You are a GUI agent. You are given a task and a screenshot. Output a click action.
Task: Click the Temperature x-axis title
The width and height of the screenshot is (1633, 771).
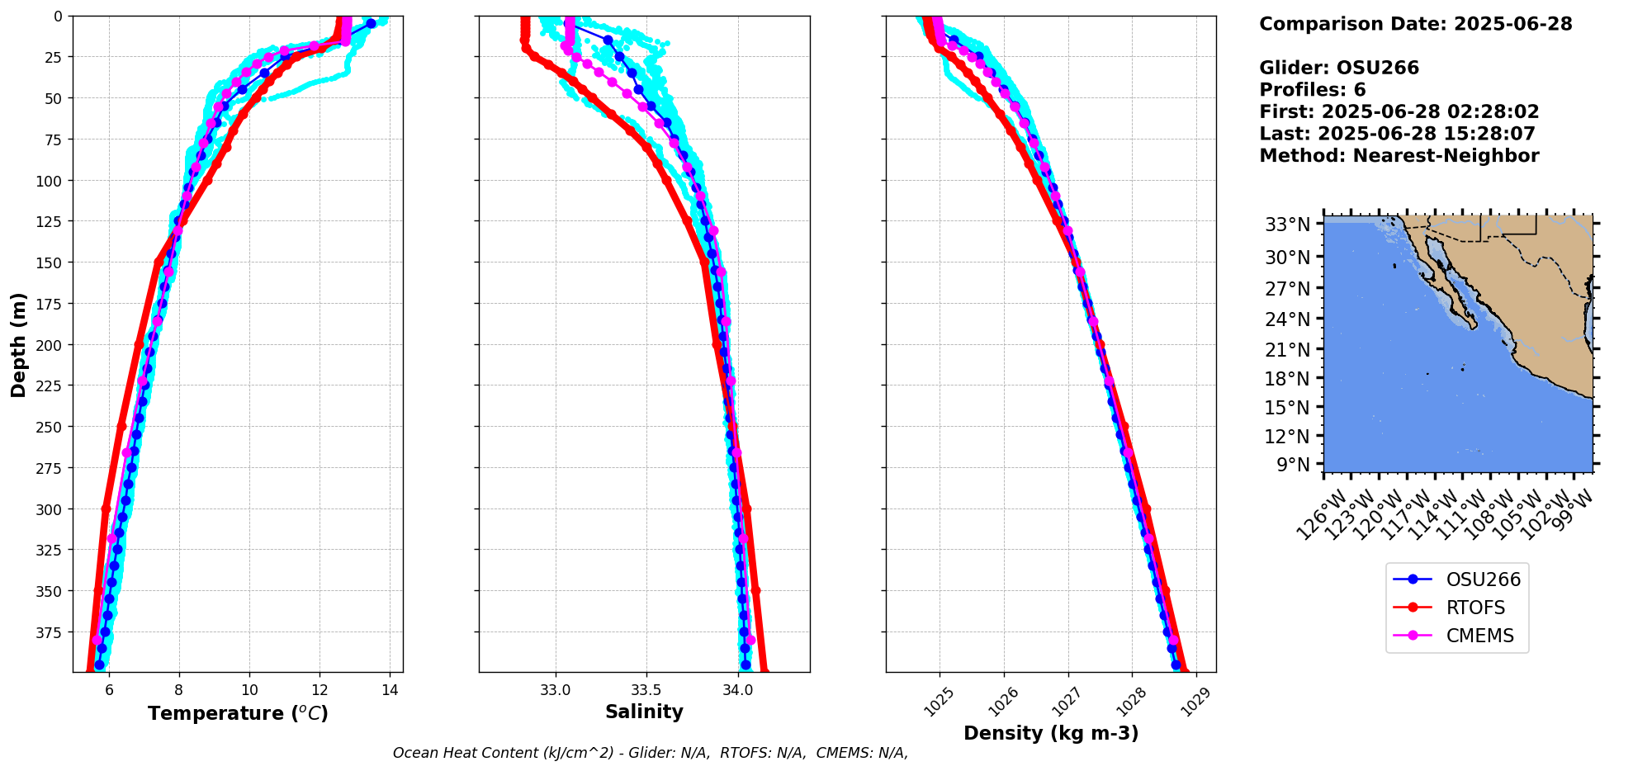tap(238, 713)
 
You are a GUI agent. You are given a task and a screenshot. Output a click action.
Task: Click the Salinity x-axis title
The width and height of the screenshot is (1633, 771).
tap(644, 712)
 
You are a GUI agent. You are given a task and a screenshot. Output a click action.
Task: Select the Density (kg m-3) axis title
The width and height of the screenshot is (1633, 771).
tap(1051, 733)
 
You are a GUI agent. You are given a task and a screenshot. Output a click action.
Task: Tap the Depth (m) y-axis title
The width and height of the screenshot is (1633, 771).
tap(18, 344)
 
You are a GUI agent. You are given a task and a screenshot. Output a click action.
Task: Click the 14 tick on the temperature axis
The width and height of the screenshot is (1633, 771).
tap(390, 690)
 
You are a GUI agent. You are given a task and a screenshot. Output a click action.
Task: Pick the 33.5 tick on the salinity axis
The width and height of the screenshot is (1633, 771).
tap(646, 690)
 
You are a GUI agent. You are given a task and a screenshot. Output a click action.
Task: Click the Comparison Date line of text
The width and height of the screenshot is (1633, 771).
tap(1415, 24)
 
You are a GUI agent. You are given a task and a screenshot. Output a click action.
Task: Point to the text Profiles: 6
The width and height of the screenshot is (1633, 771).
tap(1312, 90)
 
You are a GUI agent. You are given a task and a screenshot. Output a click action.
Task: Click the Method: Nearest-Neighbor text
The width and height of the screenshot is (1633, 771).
tap(1399, 156)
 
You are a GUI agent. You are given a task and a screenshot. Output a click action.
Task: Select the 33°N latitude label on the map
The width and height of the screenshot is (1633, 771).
tap(1287, 225)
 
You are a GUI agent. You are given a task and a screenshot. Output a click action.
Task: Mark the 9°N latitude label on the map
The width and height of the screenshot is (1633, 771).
tap(1293, 465)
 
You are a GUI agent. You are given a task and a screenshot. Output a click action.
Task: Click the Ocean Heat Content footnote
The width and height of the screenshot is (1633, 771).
tap(650, 753)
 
